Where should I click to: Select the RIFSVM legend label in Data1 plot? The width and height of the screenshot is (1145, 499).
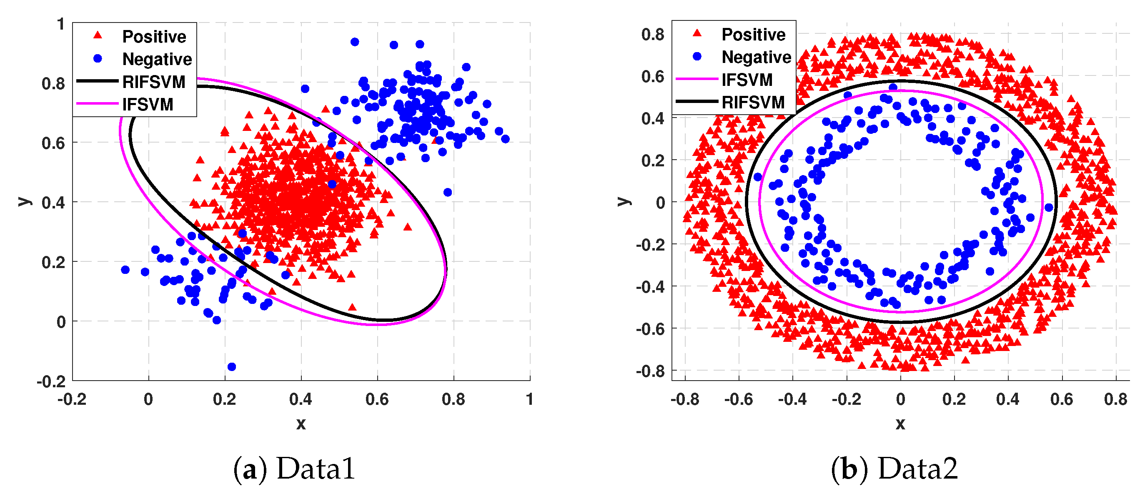point(153,82)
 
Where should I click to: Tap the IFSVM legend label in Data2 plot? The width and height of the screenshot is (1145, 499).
point(747,80)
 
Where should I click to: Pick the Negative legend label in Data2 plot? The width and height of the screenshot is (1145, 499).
point(756,57)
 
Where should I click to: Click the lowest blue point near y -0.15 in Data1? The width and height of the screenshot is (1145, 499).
point(232,366)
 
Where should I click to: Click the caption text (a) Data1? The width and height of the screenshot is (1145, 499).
point(294,469)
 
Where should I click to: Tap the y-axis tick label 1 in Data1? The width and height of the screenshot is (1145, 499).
point(61,24)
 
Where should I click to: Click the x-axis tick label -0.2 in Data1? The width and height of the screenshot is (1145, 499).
point(72,399)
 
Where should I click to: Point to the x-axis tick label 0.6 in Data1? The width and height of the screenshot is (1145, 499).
point(377,399)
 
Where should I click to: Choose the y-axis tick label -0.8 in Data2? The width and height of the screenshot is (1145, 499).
point(650,371)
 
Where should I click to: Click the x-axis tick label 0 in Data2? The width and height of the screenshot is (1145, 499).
point(900,399)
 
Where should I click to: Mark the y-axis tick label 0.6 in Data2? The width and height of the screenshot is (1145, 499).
point(652,76)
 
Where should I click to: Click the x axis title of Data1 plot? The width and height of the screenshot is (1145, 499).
point(301,424)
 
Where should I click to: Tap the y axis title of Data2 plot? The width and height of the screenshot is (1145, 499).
point(624,201)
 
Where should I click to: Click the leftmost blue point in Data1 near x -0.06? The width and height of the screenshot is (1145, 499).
point(125,270)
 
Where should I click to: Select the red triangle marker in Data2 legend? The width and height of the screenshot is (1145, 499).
point(697,33)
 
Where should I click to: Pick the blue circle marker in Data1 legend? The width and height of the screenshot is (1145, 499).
point(98,59)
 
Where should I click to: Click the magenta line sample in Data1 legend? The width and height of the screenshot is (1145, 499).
point(98,104)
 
